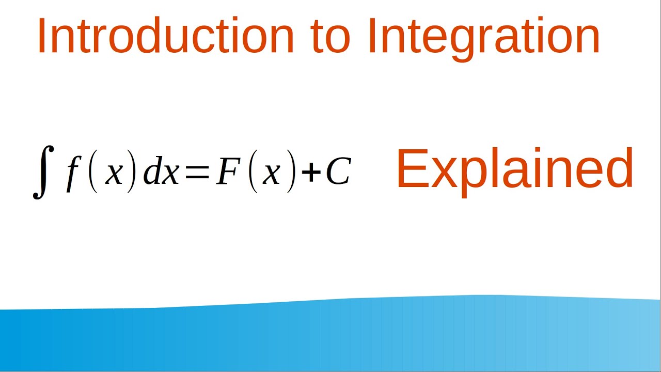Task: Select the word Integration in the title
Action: (483, 37)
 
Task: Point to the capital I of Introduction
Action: (41, 36)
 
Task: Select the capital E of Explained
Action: (411, 168)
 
